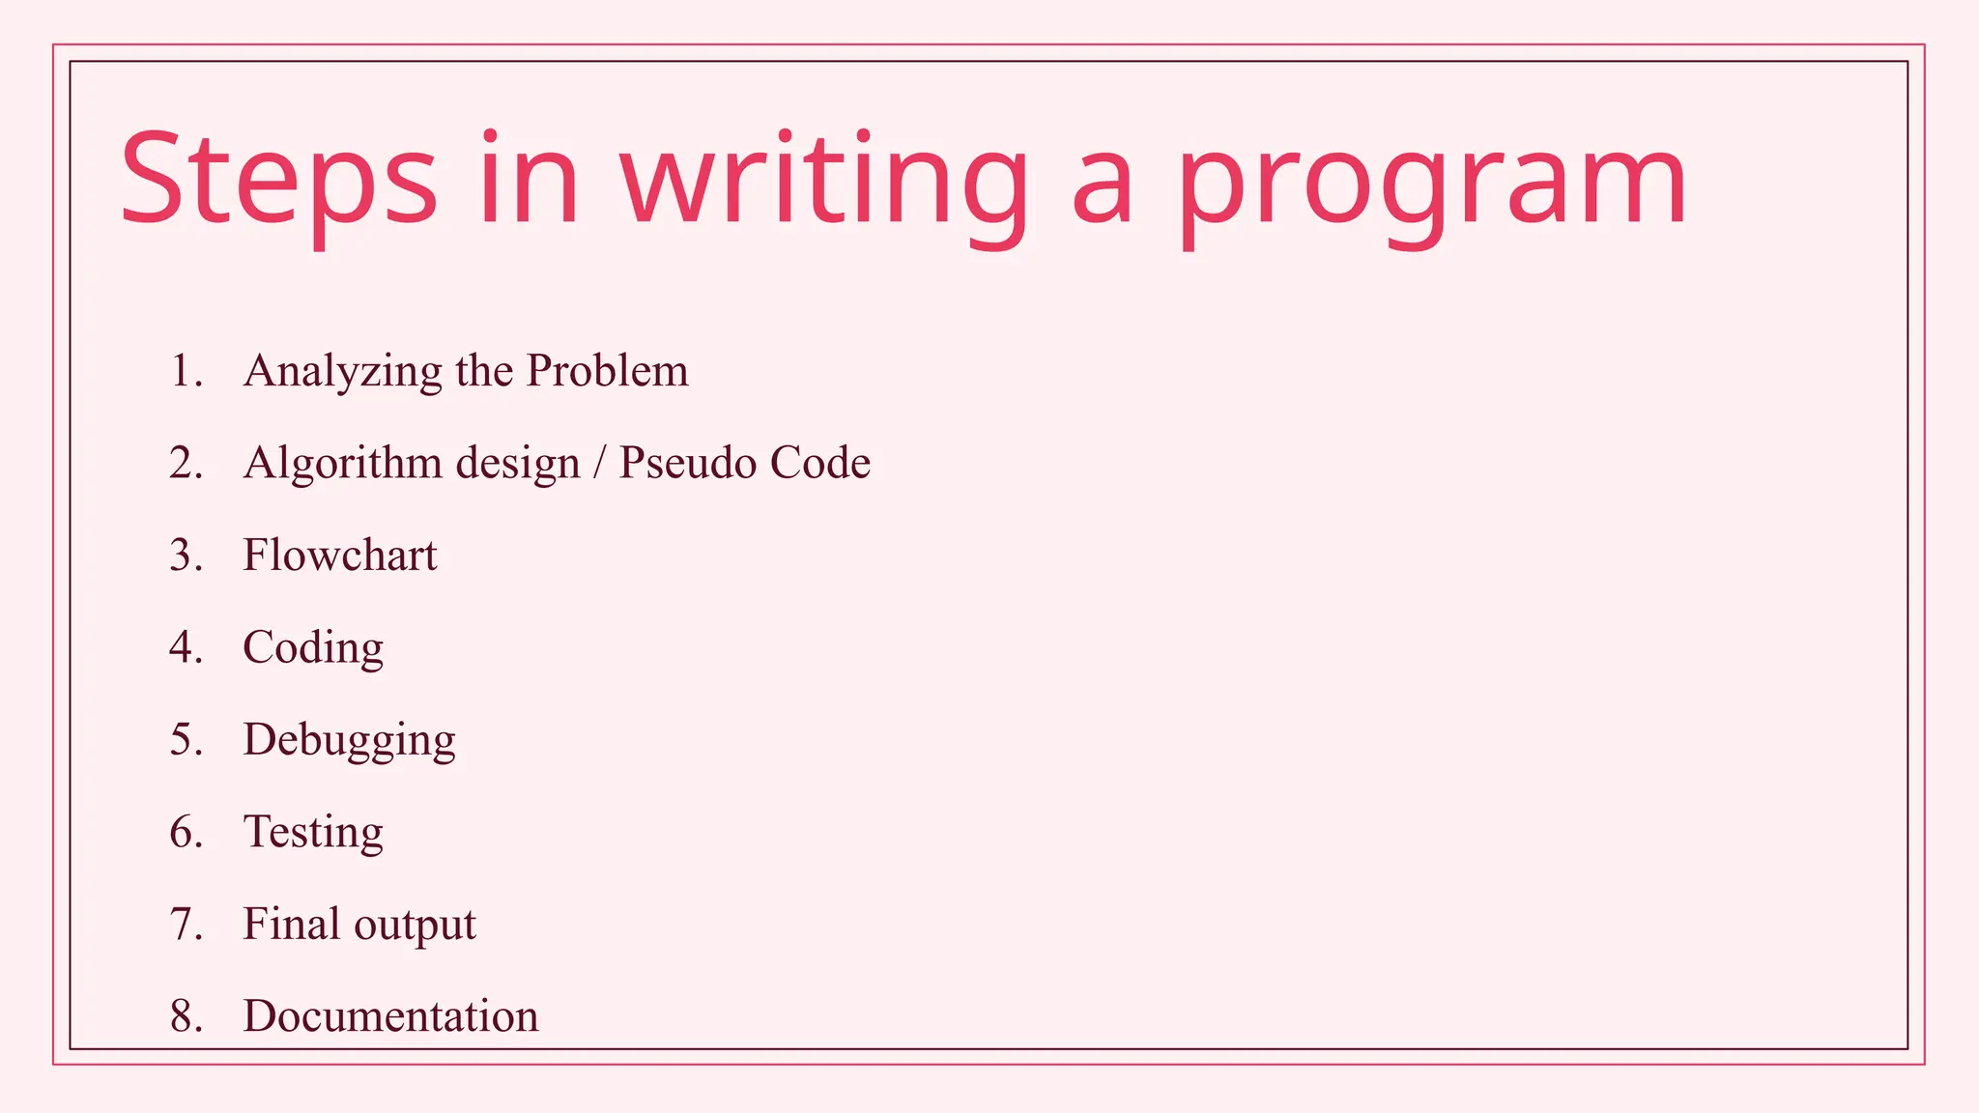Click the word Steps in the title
pos(278,182)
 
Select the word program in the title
pos(1430,182)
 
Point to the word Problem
pos(607,370)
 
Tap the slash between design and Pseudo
pos(599,463)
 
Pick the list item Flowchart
pos(340,556)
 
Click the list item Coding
pos(313,648)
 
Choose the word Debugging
pos(349,741)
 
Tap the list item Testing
pos(313,833)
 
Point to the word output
pos(415,926)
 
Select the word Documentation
pos(390,1016)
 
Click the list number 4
pos(184,647)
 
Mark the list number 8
pos(184,1016)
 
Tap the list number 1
pos(184,371)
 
